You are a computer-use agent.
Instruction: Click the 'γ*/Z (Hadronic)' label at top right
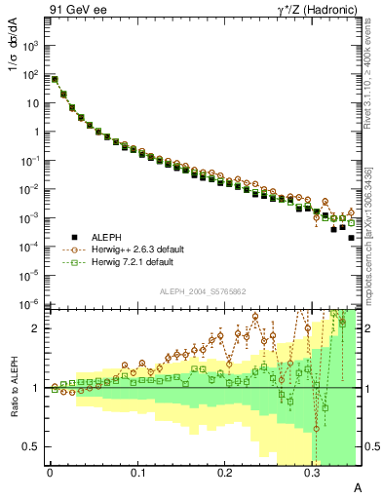310,11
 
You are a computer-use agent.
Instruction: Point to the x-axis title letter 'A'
357,487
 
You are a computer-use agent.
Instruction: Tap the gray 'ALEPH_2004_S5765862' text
203,291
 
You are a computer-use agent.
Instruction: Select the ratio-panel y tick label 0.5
31,446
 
